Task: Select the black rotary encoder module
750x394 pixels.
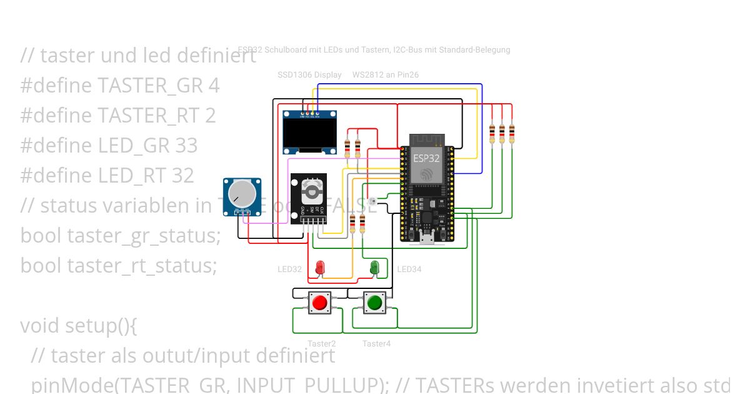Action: tap(309, 196)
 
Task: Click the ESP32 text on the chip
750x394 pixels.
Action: tap(426, 159)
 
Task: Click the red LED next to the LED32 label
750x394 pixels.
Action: tap(320, 267)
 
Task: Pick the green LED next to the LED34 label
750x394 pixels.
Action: tap(374, 267)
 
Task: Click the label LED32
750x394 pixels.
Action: tap(290, 270)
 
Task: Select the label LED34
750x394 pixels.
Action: tap(409, 270)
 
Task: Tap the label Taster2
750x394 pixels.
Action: tap(321, 343)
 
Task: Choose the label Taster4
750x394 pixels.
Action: tap(376, 343)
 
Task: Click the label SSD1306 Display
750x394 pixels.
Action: tap(309, 75)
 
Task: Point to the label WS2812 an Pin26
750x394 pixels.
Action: tap(386, 75)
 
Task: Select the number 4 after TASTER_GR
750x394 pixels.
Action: tap(214, 86)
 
